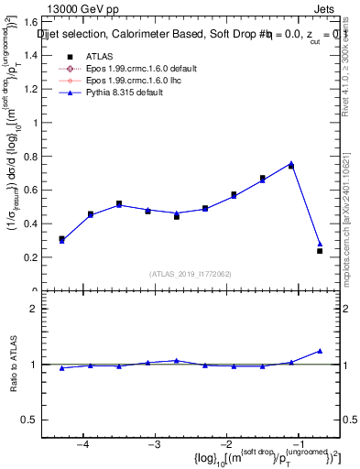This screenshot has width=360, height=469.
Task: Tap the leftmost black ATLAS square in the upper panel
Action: (x=61, y=239)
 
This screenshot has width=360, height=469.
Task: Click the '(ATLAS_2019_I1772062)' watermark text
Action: (x=191, y=274)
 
